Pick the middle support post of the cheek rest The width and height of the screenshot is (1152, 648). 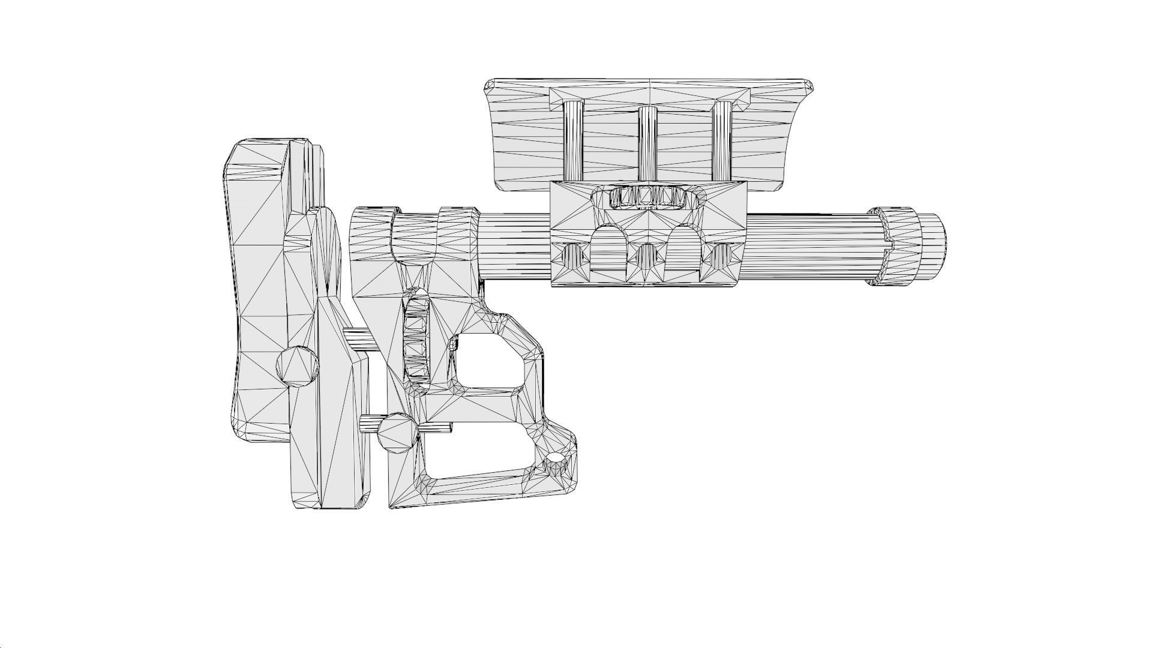point(647,142)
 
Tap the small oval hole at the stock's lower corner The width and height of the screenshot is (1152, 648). point(557,458)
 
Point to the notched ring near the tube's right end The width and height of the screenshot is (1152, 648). point(892,247)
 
